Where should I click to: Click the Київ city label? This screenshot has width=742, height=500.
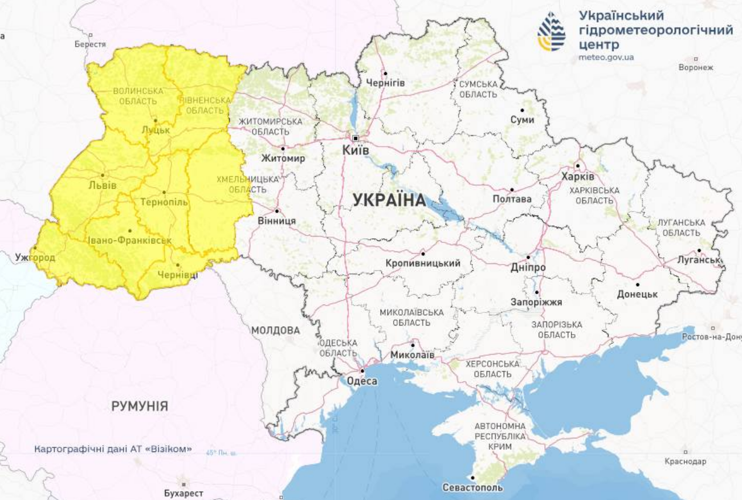coord(355,149)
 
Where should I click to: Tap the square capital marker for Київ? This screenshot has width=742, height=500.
coord(356,138)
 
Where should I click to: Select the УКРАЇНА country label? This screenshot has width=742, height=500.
coord(389,200)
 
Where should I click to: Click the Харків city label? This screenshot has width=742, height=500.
coord(577,176)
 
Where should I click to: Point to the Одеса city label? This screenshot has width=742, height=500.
coord(362,381)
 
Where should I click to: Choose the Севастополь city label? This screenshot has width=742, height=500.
coord(472,488)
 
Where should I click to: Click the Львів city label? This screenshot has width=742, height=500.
coord(103,185)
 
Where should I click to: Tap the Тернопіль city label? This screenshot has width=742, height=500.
coord(164,202)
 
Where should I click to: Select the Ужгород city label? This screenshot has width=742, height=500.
coord(35,258)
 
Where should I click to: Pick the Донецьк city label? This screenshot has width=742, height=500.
coord(637,294)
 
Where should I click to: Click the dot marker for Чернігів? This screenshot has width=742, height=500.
coord(385,73)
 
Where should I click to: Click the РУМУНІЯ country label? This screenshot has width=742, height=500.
coord(140,406)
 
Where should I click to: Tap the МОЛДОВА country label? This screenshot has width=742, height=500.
coord(275,330)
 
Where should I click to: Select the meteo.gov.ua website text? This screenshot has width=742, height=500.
coord(606,57)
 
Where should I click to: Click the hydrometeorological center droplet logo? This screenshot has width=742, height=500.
coord(552,31)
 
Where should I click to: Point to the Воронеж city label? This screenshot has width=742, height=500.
coord(696,67)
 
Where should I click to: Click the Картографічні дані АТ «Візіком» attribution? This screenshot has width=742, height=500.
coord(113,449)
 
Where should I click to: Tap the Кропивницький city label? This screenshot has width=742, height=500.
coord(423,263)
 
